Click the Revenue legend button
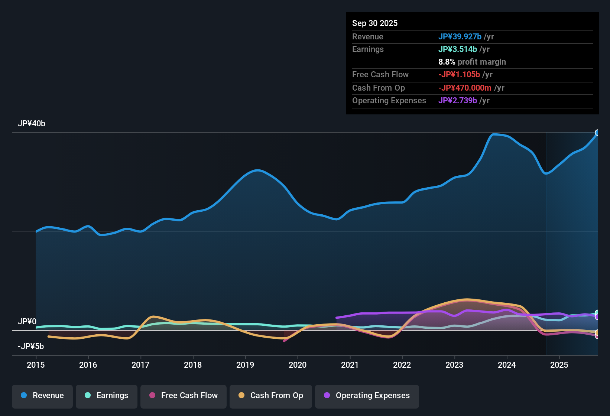(x=42, y=396)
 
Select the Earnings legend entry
(x=107, y=396)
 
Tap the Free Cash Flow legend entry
(x=184, y=396)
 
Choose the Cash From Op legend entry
(x=271, y=396)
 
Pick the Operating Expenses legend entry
(x=367, y=396)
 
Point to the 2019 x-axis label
(x=245, y=365)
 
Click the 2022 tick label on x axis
(x=402, y=365)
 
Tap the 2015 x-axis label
(x=36, y=365)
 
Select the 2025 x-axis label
(x=559, y=365)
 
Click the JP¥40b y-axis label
(x=32, y=124)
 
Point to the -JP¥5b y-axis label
(x=31, y=347)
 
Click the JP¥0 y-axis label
(x=27, y=322)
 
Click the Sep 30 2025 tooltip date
(x=375, y=23)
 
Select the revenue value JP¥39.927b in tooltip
(x=460, y=36)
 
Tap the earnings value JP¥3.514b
(x=458, y=49)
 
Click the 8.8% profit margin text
(x=472, y=62)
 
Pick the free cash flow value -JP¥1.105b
(x=459, y=74)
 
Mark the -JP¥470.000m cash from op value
(x=465, y=88)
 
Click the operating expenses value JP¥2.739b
(x=458, y=100)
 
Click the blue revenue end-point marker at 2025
(x=597, y=133)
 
